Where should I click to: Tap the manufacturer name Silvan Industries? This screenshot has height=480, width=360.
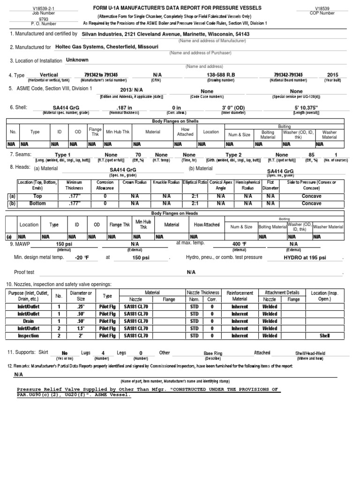pos(103,34)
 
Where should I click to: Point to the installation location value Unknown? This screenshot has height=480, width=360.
pos(77,60)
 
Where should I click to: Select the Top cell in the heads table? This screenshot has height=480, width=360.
pos(38,196)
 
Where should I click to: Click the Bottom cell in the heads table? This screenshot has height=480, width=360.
pos(38,203)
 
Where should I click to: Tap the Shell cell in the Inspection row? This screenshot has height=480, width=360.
pos(325,336)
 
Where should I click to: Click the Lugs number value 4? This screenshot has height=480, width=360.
pos(102,353)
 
